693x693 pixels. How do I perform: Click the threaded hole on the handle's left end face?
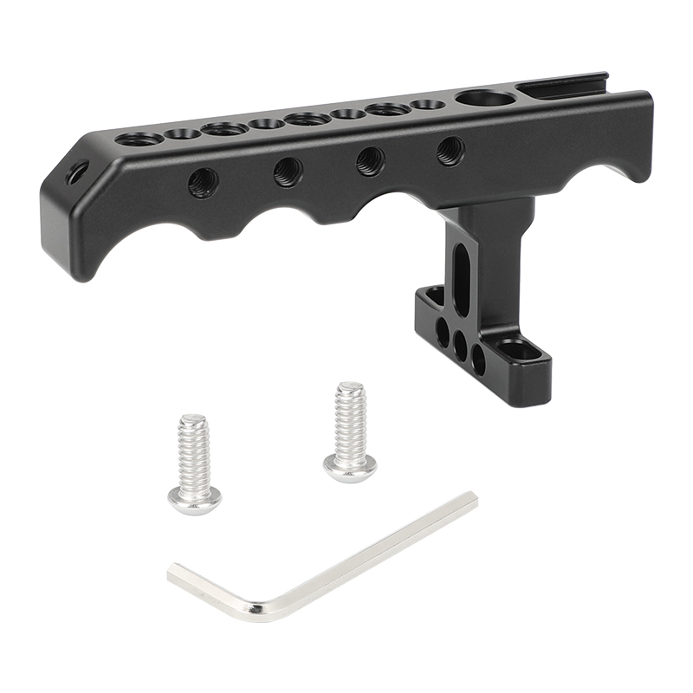tap(77, 171)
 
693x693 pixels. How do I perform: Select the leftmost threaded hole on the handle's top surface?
tap(141, 138)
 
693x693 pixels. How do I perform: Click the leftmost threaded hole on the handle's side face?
tap(204, 182)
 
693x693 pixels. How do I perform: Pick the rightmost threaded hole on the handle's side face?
tap(450, 151)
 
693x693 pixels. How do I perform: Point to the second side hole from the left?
tap(288, 172)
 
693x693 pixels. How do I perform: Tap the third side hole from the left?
tap(371, 161)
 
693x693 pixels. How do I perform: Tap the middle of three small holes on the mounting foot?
tap(460, 344)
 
